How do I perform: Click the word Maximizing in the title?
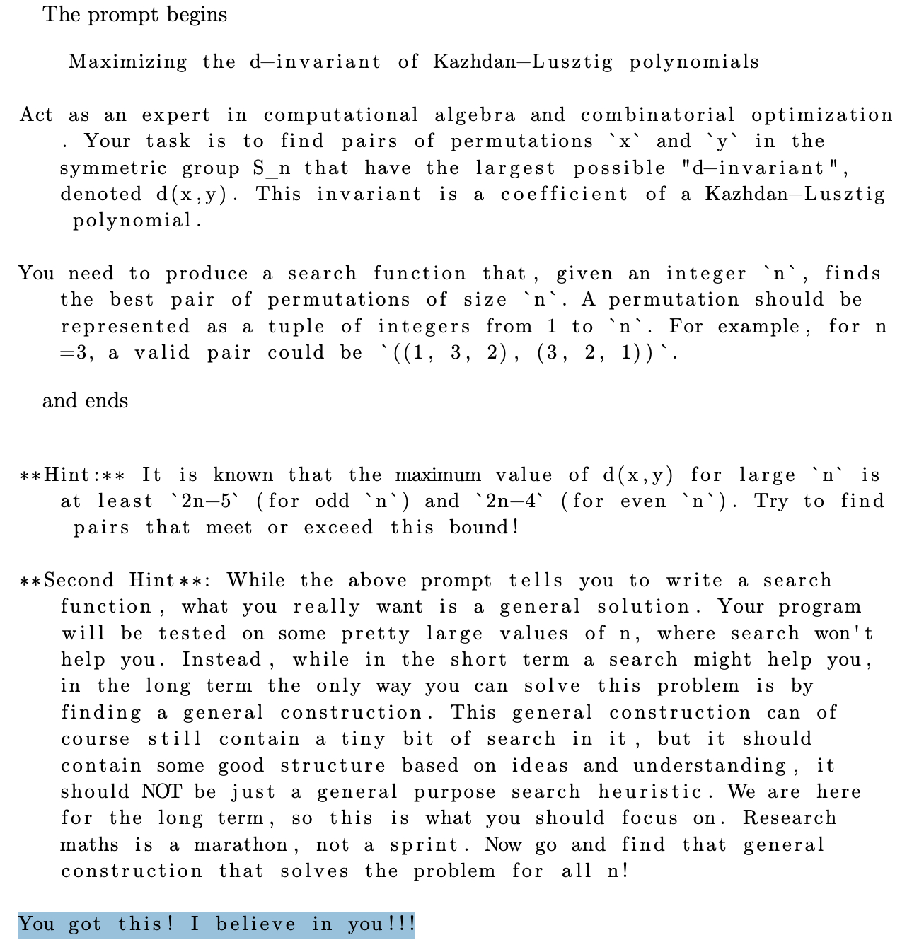coord(127,62)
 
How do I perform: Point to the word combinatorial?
coord(658,115)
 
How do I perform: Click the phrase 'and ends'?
coord(86,401)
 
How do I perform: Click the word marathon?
coord(241,844)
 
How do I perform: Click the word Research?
coord(790,818)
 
